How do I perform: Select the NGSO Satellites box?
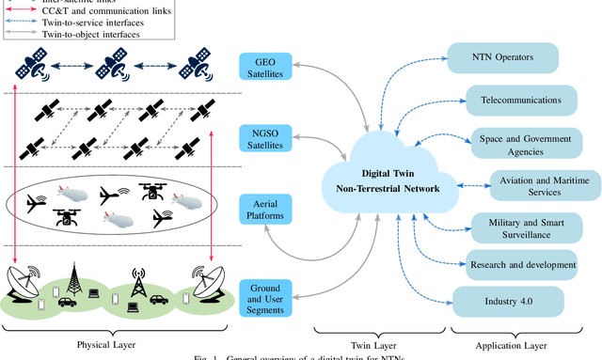coord(265,137)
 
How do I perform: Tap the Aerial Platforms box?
coord(265,210)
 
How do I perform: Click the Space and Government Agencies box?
coord(522,143)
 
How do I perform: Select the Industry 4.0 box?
coord(509,302)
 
